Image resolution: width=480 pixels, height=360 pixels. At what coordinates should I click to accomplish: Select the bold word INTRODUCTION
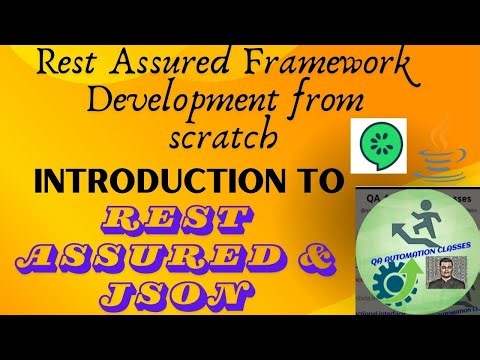[155, 182]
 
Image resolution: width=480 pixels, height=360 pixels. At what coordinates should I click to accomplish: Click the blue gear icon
[385, 270]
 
